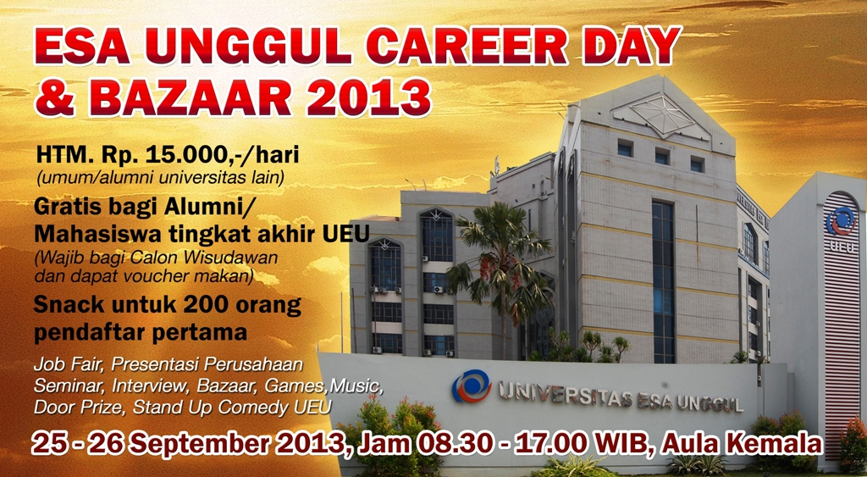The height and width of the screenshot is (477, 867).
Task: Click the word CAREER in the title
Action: (x=467, y=46)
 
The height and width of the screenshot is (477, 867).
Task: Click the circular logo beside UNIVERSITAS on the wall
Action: (x=471, y=386)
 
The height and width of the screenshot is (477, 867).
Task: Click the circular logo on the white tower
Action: (x=841, y=221)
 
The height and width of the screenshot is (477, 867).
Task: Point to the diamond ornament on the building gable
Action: (x=662, y=115)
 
